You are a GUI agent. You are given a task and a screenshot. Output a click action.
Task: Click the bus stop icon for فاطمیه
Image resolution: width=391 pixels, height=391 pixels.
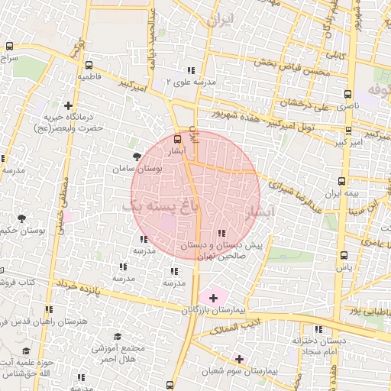89,65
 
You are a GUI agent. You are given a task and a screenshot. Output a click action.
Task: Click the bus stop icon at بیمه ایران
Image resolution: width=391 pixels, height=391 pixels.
341,181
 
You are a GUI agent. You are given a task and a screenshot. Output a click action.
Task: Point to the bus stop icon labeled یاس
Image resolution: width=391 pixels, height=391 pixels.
344,255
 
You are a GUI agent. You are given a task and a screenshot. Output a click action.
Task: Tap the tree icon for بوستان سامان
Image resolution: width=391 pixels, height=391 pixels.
137,157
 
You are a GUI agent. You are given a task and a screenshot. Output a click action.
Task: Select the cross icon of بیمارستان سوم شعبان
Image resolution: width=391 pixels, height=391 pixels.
239,358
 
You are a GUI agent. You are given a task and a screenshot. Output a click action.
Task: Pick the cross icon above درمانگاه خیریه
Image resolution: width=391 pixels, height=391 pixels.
69,105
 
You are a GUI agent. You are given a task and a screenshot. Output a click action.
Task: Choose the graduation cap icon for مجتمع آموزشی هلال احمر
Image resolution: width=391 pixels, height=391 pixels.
118,337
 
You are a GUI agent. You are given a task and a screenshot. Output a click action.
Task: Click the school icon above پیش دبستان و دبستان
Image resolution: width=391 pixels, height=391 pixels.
221,234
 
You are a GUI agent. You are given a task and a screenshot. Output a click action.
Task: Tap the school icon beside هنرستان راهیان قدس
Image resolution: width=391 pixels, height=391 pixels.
49,310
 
